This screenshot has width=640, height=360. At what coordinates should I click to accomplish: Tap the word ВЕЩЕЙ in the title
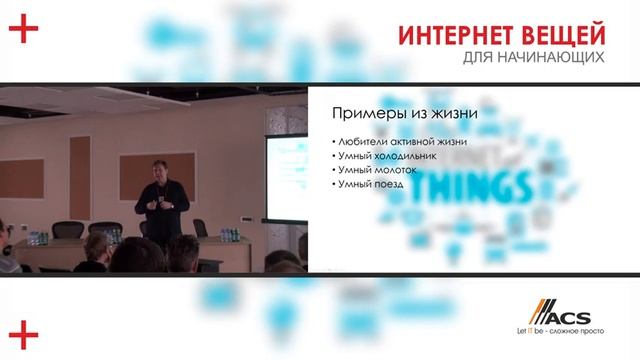coord(560,34)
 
